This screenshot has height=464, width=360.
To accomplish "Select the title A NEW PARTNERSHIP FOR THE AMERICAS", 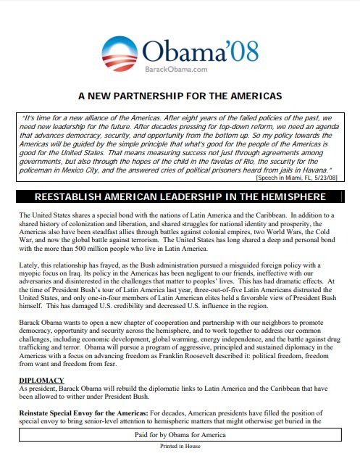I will click(180, 96).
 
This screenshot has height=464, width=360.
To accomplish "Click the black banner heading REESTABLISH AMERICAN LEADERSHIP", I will click(180, 197).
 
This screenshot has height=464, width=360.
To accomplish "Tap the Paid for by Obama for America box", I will click(180, 434).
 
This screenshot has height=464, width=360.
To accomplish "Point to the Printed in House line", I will click(180, 447).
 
